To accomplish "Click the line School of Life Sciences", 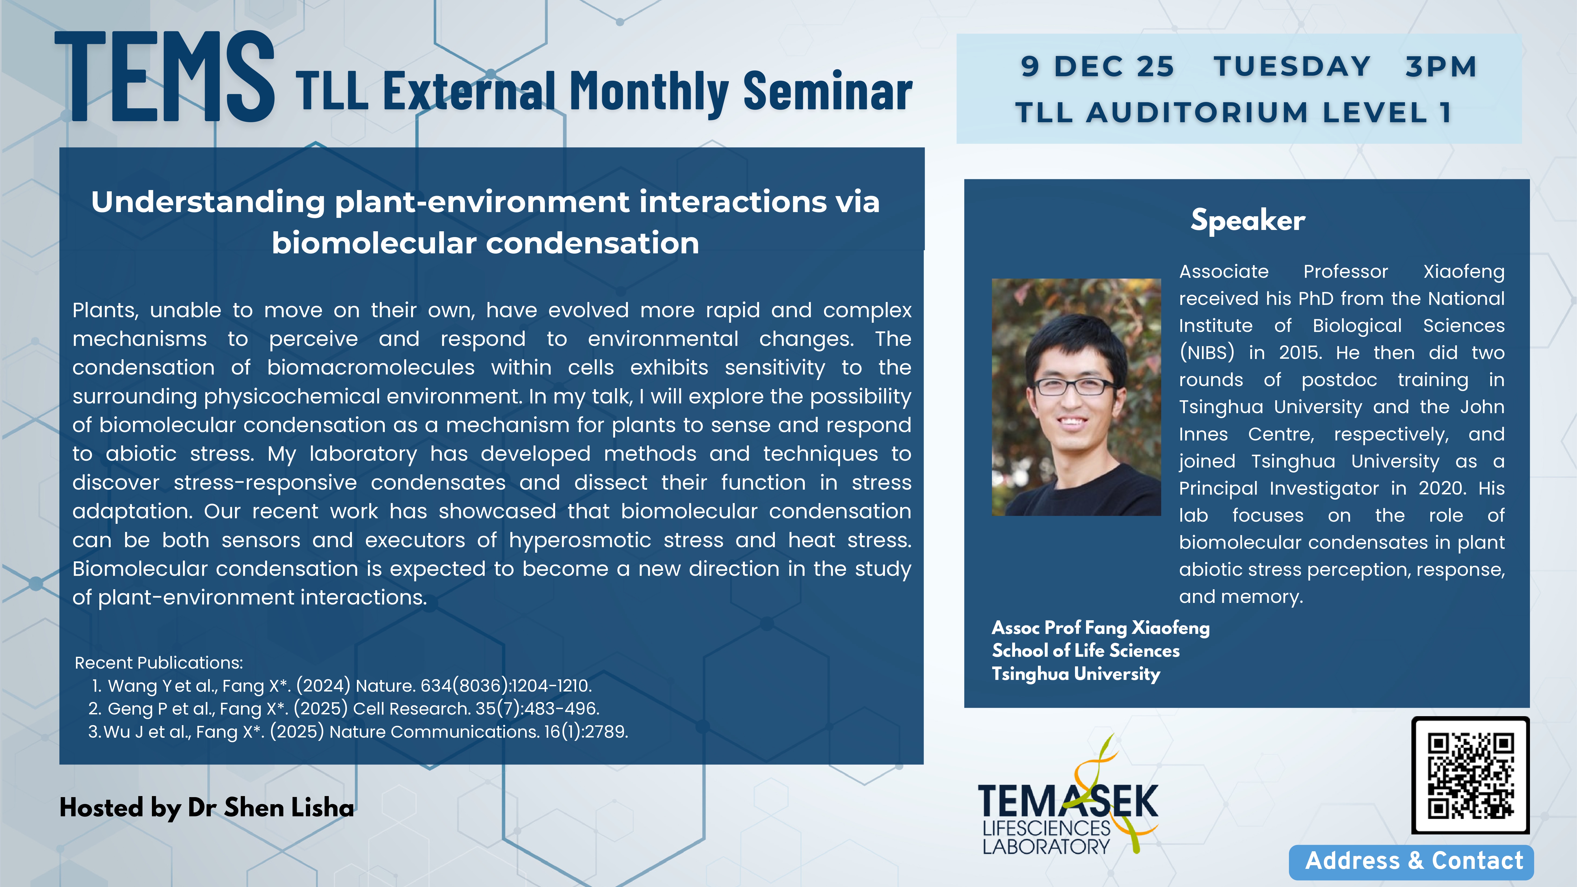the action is (1086, 651).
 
